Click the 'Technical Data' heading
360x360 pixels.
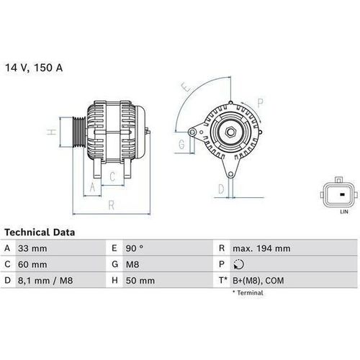(40, 233)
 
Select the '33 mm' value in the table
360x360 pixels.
(34, 248)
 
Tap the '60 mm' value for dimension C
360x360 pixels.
(34, 264)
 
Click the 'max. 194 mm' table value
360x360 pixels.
(261, 248)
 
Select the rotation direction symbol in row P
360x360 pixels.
(238, 264)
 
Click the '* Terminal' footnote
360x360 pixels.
(248, 293)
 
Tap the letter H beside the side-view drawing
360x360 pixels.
(51, 132)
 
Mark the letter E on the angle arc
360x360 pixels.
(186, 89)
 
